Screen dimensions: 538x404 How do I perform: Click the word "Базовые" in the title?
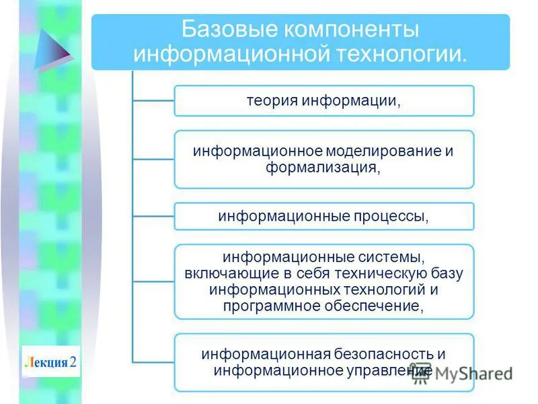point(229,29)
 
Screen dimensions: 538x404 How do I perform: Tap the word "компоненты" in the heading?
point(352,30)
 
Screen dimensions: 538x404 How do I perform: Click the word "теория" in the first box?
point(272,101)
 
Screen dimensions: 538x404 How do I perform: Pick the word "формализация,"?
point(323,168)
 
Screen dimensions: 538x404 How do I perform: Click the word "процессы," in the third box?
point(391,216)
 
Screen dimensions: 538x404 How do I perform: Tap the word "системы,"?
point(391,257)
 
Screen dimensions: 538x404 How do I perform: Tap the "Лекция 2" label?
point(51,362)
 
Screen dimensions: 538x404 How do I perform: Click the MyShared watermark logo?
point(462,374)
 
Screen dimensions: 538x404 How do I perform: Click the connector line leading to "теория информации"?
point(153,100)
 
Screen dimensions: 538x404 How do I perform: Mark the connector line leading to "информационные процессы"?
point(153,216)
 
